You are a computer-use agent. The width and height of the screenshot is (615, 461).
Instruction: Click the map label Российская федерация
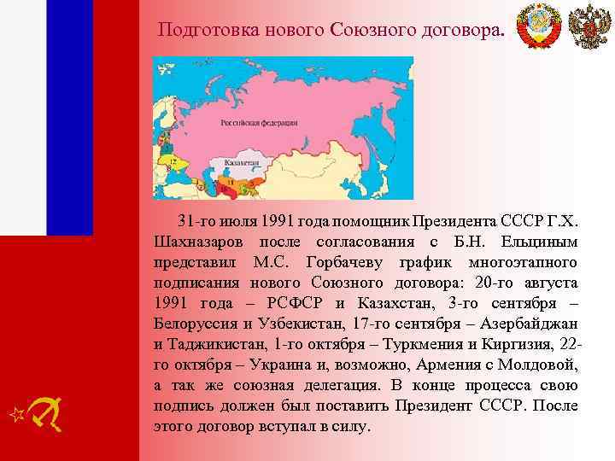click(x=258, y=122)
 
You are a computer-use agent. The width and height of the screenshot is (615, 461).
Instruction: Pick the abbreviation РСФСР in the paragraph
click(x=292, y=304)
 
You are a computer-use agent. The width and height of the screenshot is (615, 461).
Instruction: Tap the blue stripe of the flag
click(x=69, y=117)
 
